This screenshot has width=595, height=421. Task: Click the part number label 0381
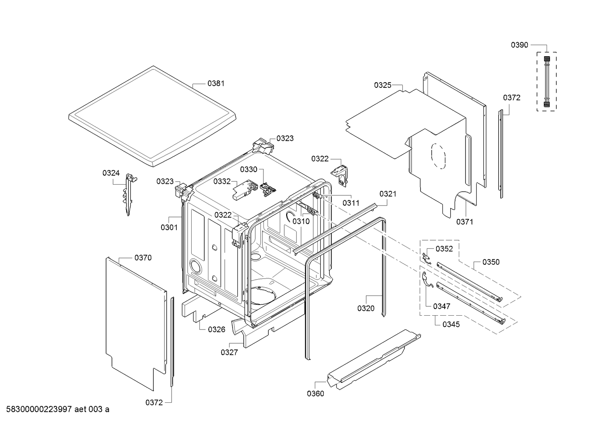(216, 83)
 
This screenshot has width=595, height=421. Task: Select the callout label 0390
(519, 45)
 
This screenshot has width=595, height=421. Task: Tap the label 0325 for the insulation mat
(383, 85)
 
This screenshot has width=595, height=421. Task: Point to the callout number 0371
(465, 222)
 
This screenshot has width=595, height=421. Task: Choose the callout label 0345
(451, 325)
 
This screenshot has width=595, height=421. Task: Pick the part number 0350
(491, 262)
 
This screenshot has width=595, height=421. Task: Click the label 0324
(111, 173)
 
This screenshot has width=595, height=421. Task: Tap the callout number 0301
(169, 227)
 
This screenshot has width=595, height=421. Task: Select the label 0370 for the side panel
(143, 258)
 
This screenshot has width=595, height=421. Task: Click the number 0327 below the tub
(229, 352)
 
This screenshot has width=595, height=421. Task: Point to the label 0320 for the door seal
(366, 308)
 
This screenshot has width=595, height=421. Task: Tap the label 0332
(222, 181)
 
